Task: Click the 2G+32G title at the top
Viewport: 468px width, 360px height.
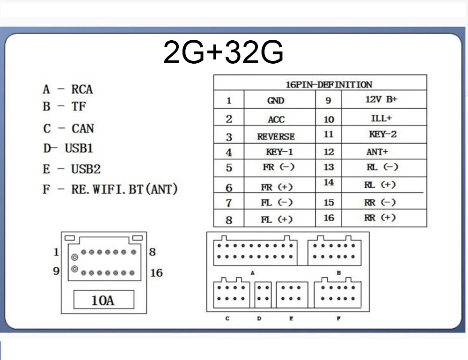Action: (x=223, y=52)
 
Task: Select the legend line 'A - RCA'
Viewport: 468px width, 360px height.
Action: (x=68, y=89)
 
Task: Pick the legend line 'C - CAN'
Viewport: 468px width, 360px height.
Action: (x=68, y=129)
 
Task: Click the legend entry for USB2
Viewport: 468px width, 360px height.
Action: (x=72, y=169)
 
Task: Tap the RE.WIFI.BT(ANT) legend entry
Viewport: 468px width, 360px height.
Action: (x=110, y=189)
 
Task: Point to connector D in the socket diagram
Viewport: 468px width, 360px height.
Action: (x=263, y=294)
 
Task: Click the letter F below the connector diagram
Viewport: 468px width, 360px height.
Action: (x=338, y=318)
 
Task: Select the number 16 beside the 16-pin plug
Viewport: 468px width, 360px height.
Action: (x=156, y=273)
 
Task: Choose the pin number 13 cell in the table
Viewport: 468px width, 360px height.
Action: (x=329, y=167)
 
